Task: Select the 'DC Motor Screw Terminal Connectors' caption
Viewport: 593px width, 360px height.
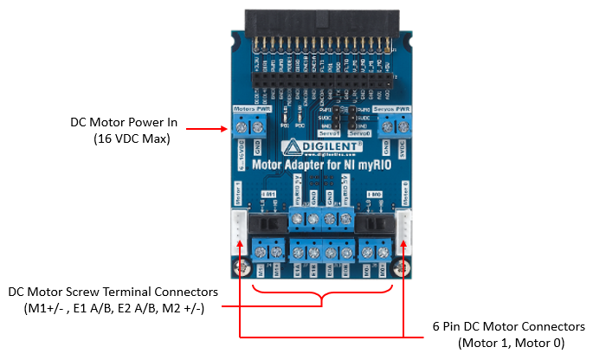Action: tap(113, 292)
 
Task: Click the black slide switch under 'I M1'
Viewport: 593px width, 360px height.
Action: tap(267, 226)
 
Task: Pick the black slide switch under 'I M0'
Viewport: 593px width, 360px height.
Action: tap(374, 226)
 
